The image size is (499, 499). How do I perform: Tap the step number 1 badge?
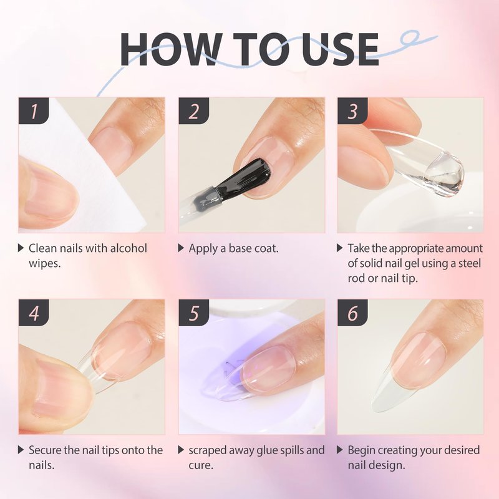(x=34, y=111)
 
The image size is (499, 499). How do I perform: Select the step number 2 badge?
(x=193, y=111)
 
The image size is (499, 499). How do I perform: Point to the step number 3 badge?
(x=352, y=111)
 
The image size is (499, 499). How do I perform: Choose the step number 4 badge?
(x=34, y=312)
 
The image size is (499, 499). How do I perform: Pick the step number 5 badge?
(x=193, y=312)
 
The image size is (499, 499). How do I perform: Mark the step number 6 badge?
(x=352, y=312)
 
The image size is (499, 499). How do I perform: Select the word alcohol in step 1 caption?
(x=128, y=248)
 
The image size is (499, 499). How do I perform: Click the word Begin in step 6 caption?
(x=361, y=450)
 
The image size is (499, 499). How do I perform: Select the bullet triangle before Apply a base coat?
(x=181, y=248)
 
